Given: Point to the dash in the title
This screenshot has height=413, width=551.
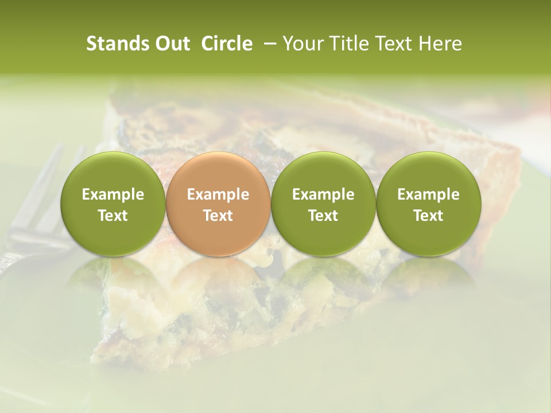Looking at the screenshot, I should tap(268, 44).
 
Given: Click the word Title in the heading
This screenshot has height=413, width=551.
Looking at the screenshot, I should tap(342, 44).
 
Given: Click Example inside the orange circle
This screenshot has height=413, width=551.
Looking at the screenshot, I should tap(218, 194).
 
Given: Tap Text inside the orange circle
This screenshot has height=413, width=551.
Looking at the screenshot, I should tap(218, 216).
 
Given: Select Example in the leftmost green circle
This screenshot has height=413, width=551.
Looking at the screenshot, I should tap(113, 194).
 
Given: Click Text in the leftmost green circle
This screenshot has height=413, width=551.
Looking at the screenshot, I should tap(113, 216).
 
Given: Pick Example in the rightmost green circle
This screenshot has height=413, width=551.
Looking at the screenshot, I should tap(429, 194).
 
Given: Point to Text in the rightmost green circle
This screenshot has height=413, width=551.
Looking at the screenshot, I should tap(429, 216).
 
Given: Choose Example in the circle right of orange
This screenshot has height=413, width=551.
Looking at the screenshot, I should tap(323, 194).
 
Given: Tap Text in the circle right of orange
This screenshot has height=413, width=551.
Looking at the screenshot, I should tap(323, 216).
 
